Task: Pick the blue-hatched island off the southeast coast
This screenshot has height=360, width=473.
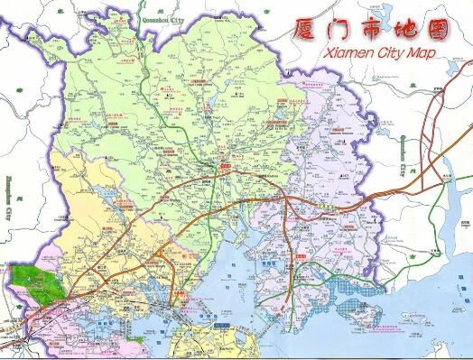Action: (371, 316)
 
